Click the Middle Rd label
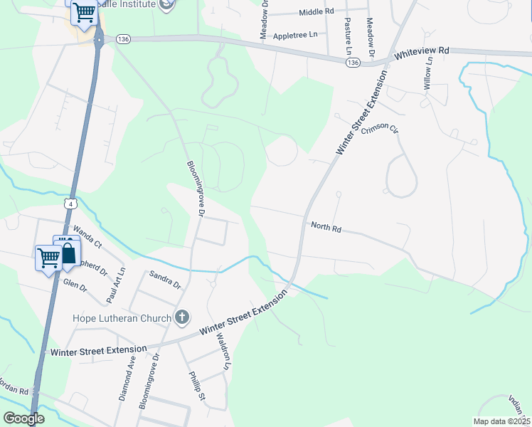pyautogui.click(x=316, y=13)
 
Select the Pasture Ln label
pyautogui.click(x=348, y=38)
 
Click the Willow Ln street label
pyautogui.click(x=428, y=73)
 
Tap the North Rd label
pyautogui.click(x=326, y=228)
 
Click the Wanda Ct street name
pyautogui.click(x=88, y=236)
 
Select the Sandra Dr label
pyautogui.click(x=164, y=280)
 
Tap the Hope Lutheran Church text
pyautogui.click(x=121, y=318)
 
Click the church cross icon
pyautogui.click(x=182, y=317)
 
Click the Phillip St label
pyautogui.click(x=196, y=386)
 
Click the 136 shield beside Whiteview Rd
pyautogui.click(x=353, y=63)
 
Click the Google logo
pyautogui.click(x=24, y=418)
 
